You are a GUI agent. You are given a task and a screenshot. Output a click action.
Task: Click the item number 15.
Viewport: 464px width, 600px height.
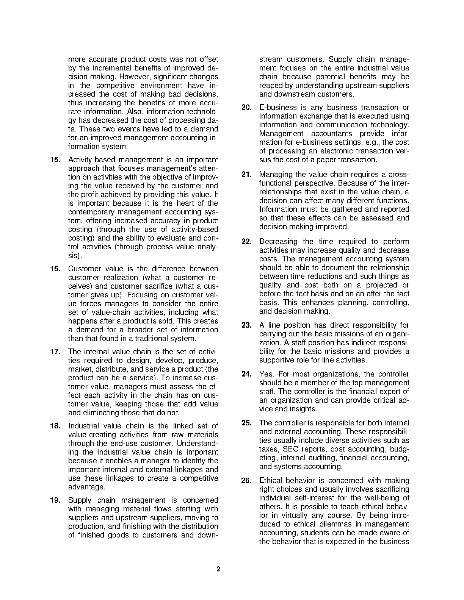point(55,159)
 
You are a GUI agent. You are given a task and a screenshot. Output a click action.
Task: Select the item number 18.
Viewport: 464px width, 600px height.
point(55,426)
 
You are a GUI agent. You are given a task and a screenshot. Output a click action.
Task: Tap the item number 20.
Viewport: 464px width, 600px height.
point(246,108)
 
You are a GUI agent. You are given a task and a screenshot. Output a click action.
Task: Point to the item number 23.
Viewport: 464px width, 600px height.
point(246,325)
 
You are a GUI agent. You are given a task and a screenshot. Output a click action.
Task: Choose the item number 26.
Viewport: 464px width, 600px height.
point(246,481)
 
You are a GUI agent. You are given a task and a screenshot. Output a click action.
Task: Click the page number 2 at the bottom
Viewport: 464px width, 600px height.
point(218,569)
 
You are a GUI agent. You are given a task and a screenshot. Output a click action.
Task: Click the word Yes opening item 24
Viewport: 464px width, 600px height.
point(266,374)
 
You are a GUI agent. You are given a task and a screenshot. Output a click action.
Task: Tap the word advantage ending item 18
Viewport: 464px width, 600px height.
point(86,487)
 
